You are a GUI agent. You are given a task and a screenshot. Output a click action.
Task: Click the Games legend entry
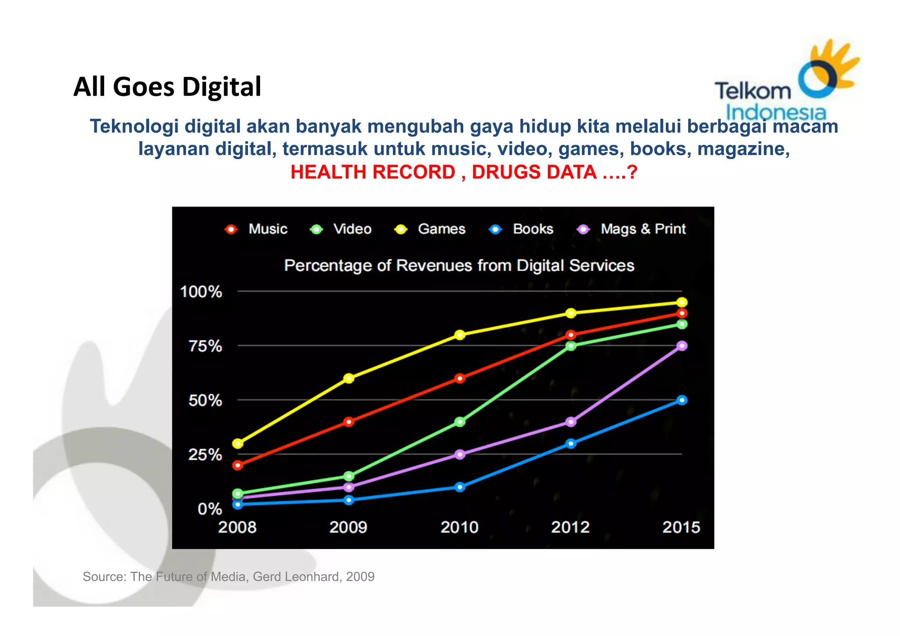coord(431,229)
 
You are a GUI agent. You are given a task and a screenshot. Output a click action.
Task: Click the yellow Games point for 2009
coord(348,378)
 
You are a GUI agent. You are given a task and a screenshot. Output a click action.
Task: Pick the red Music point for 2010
coord(460,378)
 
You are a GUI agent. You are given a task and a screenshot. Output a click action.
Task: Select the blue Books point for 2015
coord(682,400)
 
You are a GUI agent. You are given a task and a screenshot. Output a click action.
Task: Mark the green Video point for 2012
coord(571,346)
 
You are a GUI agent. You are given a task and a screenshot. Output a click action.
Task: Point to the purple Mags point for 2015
coord(682,346)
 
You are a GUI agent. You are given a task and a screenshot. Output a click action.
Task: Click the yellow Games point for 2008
coord(238,443)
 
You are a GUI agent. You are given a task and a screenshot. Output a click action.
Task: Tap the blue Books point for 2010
coord(460,487)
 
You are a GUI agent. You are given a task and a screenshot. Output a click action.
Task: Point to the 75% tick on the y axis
coord(205,346)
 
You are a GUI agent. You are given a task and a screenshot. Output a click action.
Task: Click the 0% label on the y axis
coord(210,509)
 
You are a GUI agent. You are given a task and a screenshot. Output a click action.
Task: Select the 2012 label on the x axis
coord(570,527)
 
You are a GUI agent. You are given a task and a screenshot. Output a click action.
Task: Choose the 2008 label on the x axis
coord(237,527)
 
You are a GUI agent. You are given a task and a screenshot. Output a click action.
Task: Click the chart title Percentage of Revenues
coord(459,265)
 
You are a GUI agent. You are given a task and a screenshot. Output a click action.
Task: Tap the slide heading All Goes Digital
coord(167,87)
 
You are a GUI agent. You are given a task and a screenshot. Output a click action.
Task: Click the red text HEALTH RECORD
coord(373,172)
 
